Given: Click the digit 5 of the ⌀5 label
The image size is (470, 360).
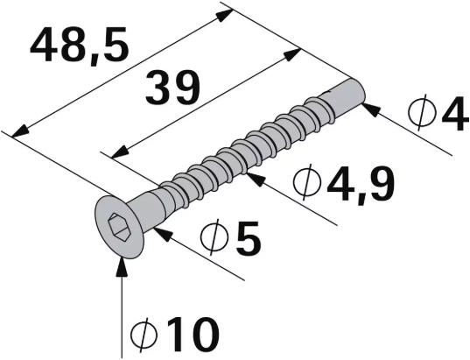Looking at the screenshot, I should (249, 239).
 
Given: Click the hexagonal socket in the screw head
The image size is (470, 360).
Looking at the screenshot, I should (117, 227).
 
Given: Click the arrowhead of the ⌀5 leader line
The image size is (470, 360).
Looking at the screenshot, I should (164, 232).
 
